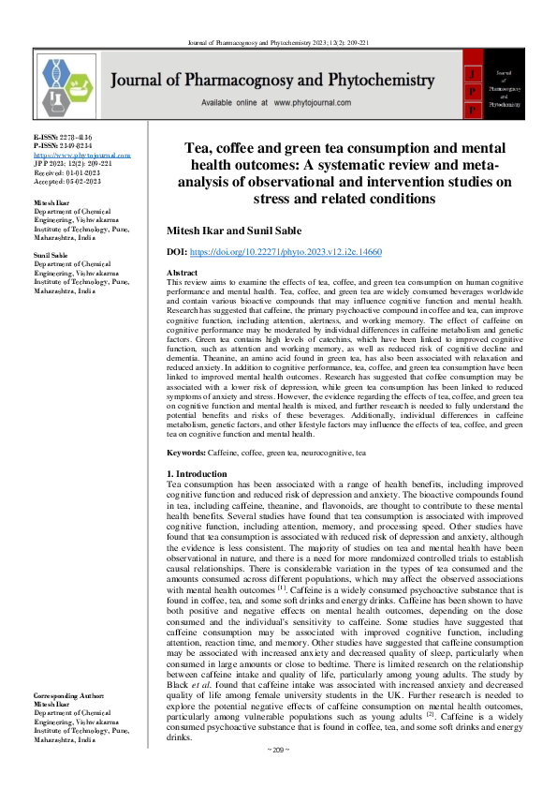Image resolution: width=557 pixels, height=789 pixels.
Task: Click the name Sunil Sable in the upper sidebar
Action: coord(53,253)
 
